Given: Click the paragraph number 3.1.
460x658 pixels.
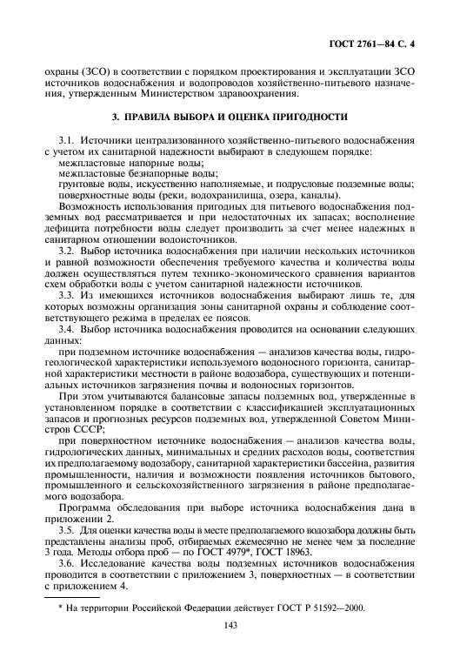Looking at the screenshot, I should tap(65, 140).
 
